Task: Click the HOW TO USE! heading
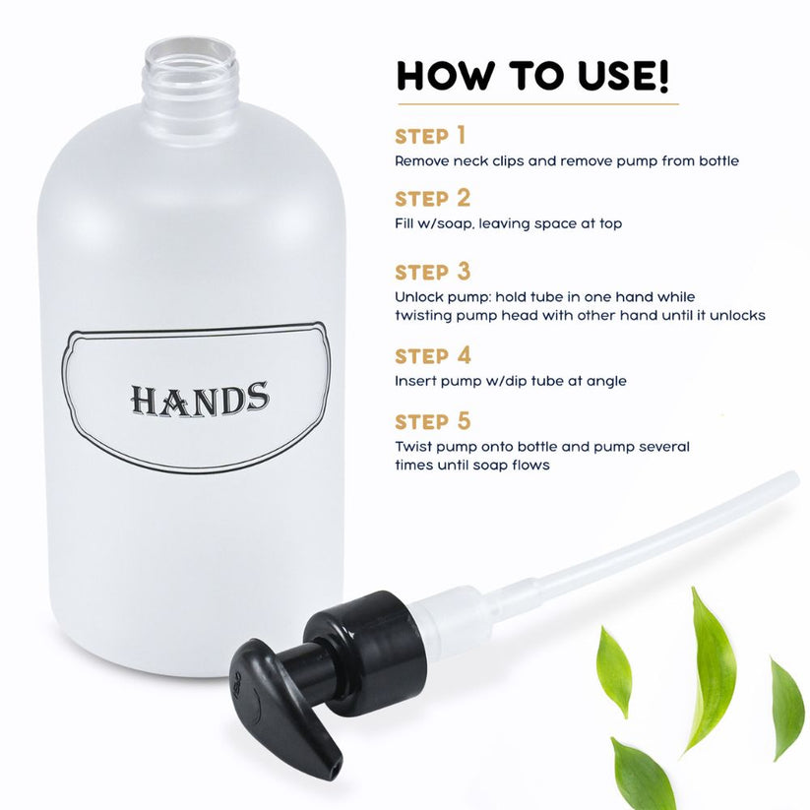coord(532,75)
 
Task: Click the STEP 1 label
coord(430,136)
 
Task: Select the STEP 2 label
coord(432,200)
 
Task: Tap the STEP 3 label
coord(432,272)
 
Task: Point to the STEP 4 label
coord(432,355)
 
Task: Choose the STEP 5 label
coord(432,421)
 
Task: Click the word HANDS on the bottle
coord(200,399)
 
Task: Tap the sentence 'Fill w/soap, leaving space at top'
coord(508,223)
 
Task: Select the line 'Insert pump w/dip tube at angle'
coord(510,380)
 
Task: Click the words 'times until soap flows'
coord(471,465)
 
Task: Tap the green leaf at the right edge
coord(787,709)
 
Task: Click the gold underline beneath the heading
coord(537,103)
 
